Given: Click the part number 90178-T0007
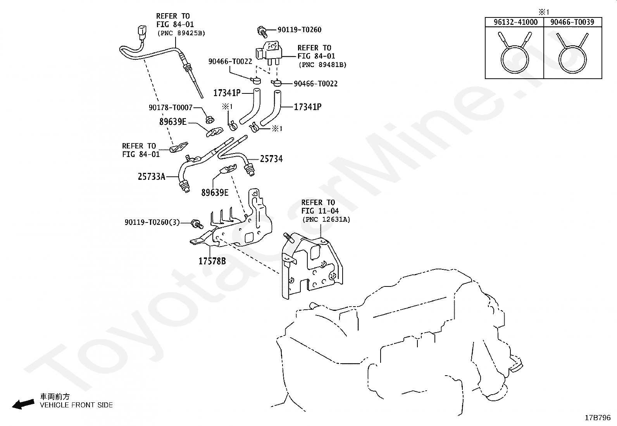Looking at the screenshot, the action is coord(171,107).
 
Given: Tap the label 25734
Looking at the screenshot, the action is coord(271,159).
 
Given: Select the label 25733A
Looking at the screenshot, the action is coord(152,176).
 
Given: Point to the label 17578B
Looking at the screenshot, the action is coord(212,261).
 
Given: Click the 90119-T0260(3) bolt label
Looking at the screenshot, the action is coord(152,222).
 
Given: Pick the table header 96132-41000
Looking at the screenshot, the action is coord(515,22).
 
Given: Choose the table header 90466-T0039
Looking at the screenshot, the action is coord(572,22).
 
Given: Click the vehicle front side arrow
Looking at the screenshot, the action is coord(23,404).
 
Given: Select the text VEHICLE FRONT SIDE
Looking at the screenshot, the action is coord(76,405).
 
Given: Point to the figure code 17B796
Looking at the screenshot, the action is coord(598,418).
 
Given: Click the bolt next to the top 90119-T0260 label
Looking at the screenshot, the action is coord(262,31).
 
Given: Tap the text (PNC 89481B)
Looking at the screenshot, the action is coord(322,65).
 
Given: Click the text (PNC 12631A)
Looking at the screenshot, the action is coord(326,219).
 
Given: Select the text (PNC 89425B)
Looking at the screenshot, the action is coord(181,33).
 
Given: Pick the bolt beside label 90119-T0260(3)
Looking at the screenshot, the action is coord(197,224).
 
